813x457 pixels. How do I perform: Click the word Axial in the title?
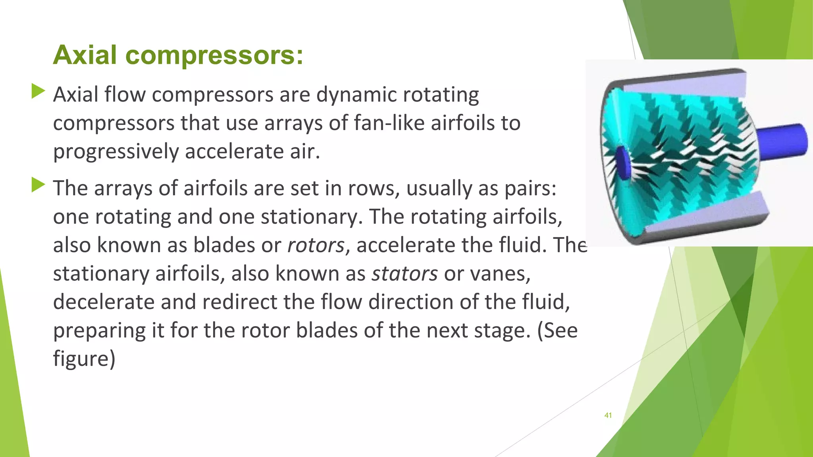coord(85,55)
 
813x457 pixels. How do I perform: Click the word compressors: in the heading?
coord(214,56)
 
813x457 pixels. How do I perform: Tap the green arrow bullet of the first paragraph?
coord(38,91)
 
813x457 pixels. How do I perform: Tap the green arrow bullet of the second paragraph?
coord(38,185)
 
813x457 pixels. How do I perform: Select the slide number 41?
coord(608,415)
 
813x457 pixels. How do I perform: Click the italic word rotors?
coord(316,245)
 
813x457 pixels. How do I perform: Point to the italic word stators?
coord(404,274)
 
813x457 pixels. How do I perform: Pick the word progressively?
coord(116,152)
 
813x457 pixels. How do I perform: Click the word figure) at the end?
coord(84,359)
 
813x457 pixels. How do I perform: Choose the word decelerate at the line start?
coord(103,302)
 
